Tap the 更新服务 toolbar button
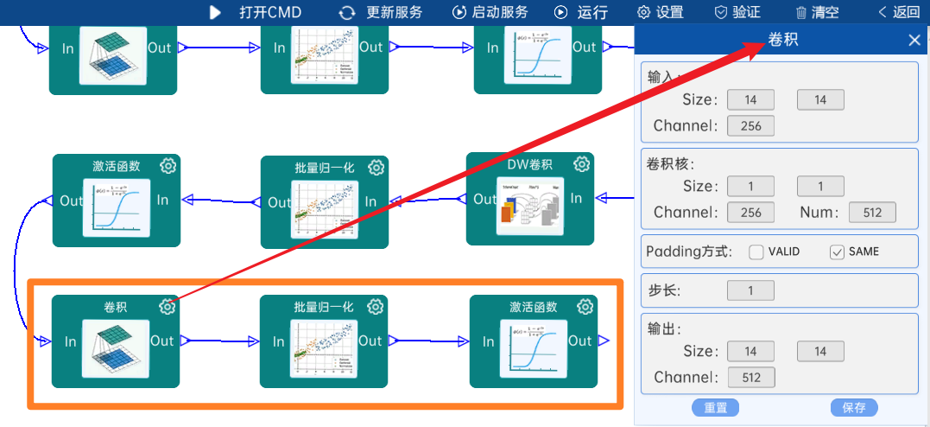pyautogui.click(x=381, y=12)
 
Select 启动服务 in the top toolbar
pyautogui.click(x=490, y=12)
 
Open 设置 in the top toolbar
pyautogui.click(x=660, y=12)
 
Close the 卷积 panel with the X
pyautogui.click(x=914, y=40)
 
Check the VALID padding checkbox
pyautogui.click(x=756, y=252)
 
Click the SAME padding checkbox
pyautogui.click(x=836, y=252)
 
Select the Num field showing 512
pyautogui.click(x=872, y=213)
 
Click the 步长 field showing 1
pyautogui.click(x=750, y=290)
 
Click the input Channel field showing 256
pyautogui.click(x=750, y=126)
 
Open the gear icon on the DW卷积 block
pyautogui.click(x=582, y=164)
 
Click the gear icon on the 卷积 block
pyautogui.click(x=168, y=307)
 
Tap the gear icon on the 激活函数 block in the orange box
pyautogui.click(x=585, y=307)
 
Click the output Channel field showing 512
pyautogui.click(x=750, y=378)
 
